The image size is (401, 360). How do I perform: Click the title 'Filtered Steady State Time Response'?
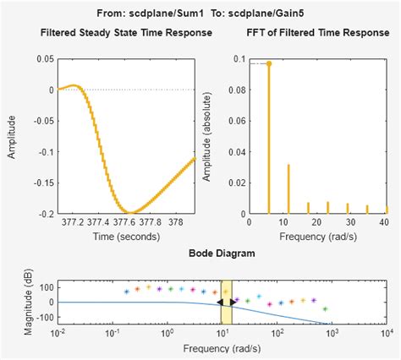click(x=126, y=33)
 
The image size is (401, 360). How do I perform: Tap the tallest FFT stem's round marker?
click(x=269, y=63)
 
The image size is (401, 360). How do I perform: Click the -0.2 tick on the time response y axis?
click(x=44, y=214)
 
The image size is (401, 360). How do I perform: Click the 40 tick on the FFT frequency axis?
click(x=387, y=224)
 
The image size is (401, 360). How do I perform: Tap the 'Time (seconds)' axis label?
click(x=126, y=236)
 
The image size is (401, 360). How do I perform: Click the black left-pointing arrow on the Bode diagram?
click(x=220, y=302)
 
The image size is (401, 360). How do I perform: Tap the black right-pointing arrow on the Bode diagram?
click(x=233, y=302)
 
